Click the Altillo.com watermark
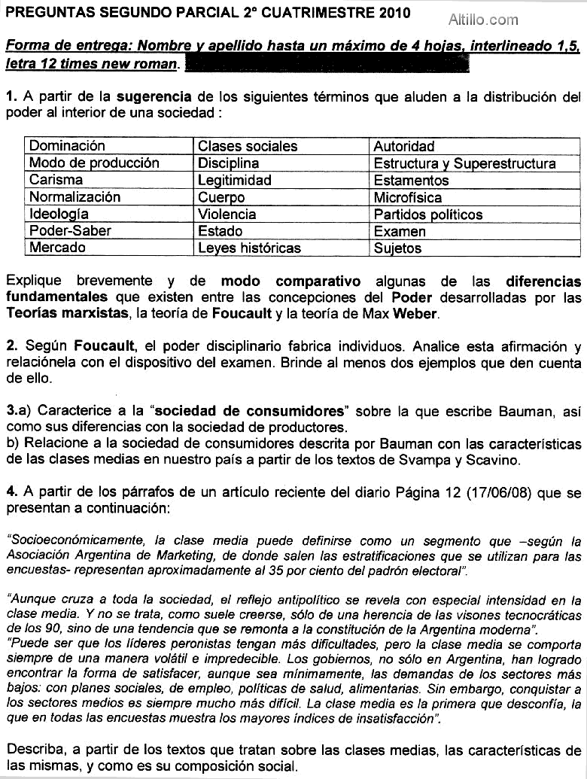pos(483,20)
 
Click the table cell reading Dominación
pos(109,146)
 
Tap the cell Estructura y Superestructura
pos(476,163)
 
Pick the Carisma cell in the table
pos(109,180)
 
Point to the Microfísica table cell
pos(476,197)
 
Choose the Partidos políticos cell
pos(476,215)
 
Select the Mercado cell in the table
pos(109,248)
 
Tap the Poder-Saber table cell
pos(109,231)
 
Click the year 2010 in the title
pos(395,13)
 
